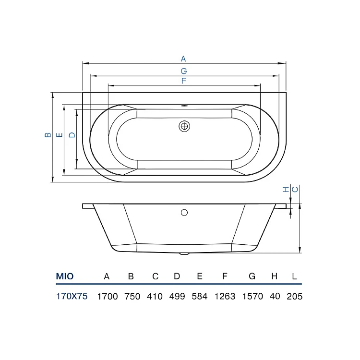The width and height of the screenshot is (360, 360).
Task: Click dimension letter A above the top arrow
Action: point(183,59)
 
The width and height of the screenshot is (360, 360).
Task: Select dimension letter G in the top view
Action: point(184,71)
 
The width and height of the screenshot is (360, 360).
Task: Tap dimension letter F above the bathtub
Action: point(183,81)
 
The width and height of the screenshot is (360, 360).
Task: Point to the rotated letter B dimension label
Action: point(48,135)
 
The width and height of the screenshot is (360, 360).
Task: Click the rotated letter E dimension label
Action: point(59,135)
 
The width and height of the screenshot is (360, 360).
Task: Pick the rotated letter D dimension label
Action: point(72,135)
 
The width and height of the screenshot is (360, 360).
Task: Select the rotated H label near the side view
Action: point(286,190)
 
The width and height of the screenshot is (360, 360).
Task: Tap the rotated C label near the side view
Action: point(295,190)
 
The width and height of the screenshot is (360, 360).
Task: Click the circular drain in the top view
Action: point(184,126)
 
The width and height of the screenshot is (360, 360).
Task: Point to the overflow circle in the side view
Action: point(184,213)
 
